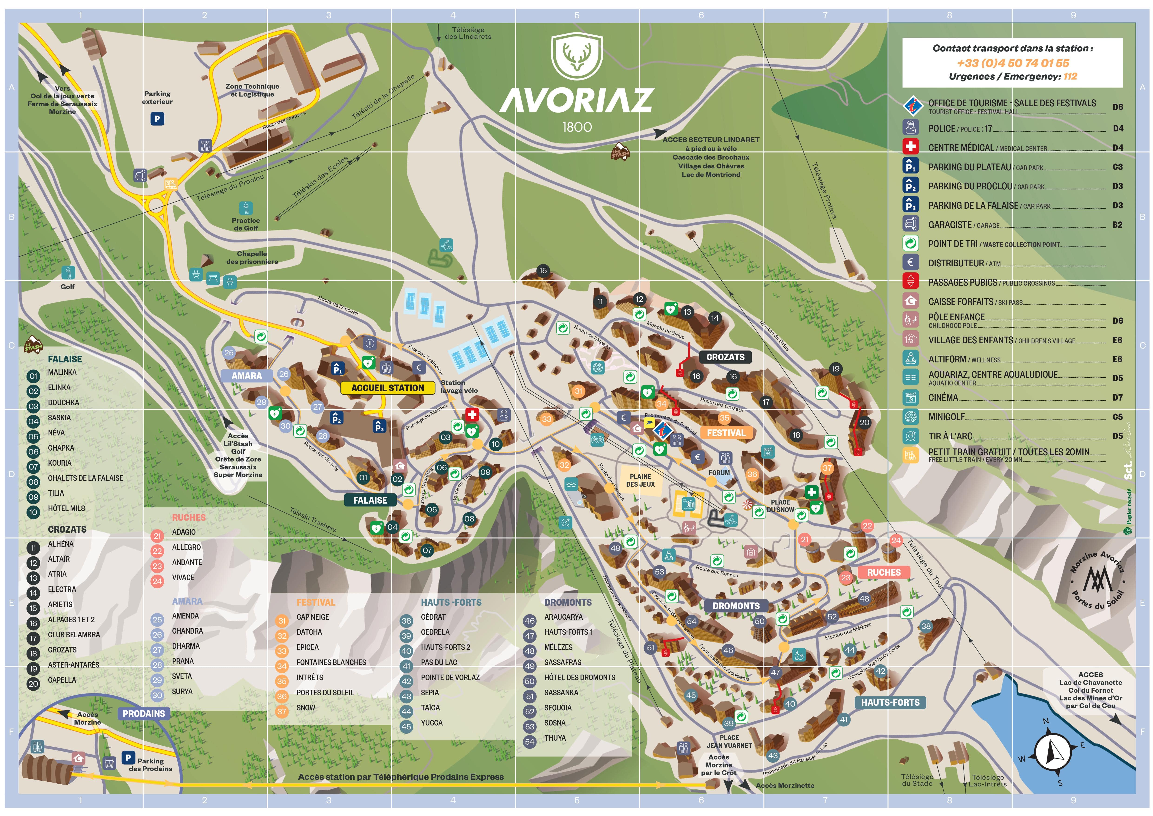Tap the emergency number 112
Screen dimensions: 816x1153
coord(1070,76)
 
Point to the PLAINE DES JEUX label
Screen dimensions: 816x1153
coord(640,480)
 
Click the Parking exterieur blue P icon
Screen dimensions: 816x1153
coord(157,119)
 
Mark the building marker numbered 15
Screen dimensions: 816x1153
coord(543,270)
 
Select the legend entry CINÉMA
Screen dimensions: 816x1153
coord(943,398)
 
